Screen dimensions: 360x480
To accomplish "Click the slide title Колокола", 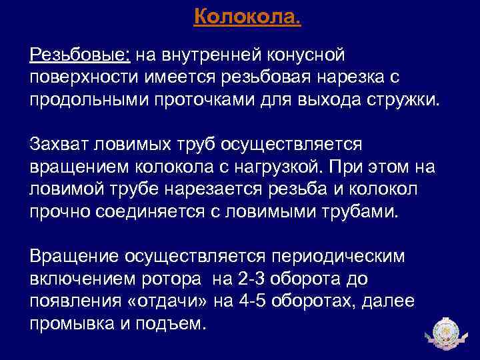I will point(247,15).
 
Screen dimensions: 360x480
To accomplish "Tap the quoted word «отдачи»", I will point(167,301).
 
